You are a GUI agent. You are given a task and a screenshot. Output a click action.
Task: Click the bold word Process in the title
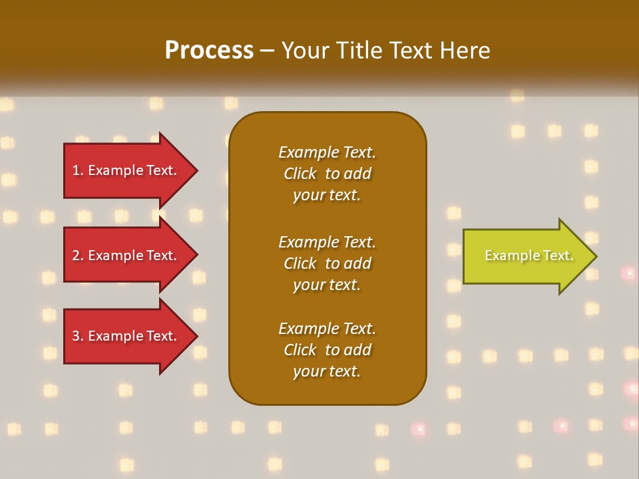(x=209, y=51)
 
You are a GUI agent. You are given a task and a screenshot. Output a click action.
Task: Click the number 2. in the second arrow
(x=78, y=255)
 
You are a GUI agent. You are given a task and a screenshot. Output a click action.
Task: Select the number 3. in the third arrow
(x=78, y=336)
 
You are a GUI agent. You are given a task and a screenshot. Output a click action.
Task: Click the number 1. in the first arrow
(x=78, y=170)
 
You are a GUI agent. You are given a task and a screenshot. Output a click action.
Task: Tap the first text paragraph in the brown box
(x=327, y=174)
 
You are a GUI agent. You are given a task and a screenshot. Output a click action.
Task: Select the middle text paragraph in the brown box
(x=327, y=263)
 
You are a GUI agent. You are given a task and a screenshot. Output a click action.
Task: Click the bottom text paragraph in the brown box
(x=327, y=350)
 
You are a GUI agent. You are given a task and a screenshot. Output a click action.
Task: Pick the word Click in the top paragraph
(x=300, y=174)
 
